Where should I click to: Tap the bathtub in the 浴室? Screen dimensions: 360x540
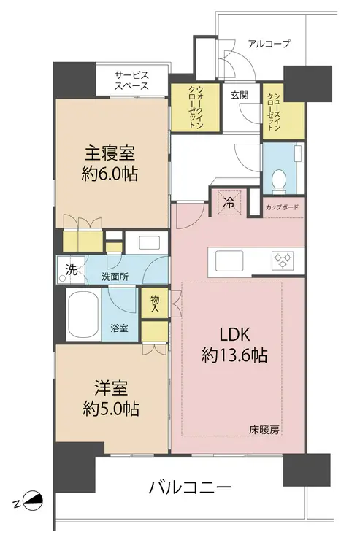(x=84, y=315)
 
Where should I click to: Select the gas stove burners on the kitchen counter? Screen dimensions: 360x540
(x=283, y=260)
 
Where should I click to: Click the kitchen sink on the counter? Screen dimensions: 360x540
(x=229, y=261)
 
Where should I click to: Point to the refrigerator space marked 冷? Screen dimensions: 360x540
(x=229, y=203)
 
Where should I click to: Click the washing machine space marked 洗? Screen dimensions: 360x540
(x=71, y=270)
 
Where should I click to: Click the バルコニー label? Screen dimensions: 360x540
(x=190, y=488)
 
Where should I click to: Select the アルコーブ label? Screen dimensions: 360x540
(x=269, y=44)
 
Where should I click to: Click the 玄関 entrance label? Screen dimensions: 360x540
(x=240, y=95)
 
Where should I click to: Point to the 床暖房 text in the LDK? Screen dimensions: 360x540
(x=264, y=430)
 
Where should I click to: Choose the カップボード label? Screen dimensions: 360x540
(x=282, y=207)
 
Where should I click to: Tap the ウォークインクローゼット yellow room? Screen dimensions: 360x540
(x=195, y=107)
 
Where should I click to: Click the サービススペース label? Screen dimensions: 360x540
(x=131, y=80)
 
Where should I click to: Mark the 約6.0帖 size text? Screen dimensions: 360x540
(x=110, y=174)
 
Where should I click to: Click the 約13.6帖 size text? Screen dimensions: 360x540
(x=234, y=355)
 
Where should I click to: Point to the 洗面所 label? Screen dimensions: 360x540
(x=115, y=277)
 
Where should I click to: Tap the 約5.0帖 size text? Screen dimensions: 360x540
(x=111, y=409)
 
